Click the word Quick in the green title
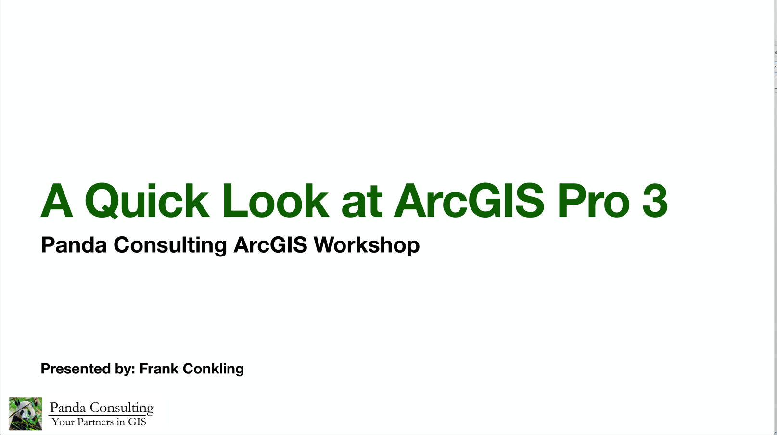click(x=146, y=201)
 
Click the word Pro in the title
click(x=594, y=201)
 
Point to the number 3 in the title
click(x=655, y=201)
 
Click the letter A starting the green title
click(x=57, y=200)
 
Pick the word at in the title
click(x=361, y=204)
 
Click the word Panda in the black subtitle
click(x=74, y=244)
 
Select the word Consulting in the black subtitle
click(x=170, y=245)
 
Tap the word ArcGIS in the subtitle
click(x=270, y=244)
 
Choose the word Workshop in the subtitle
click(x=367, y=245)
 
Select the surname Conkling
click(x=213, y=369)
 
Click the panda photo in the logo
click(x=25, y=414)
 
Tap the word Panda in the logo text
click(x=68, y=408)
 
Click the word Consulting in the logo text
click(x=122, y=408)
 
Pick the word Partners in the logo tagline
click(x=95, y=422)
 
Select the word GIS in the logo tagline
click(x=137, y=422)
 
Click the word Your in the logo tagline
click(x=63, y=422)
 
